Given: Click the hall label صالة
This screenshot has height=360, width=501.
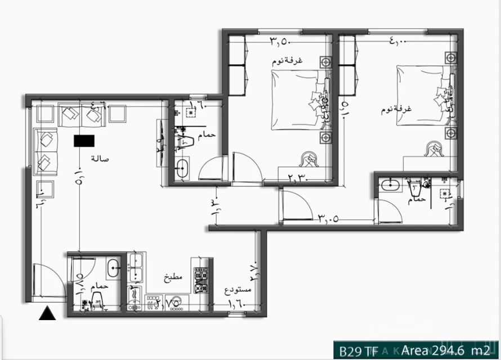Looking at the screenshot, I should [x=99, y=159].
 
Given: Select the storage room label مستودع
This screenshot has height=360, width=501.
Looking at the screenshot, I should [x=238, y=290].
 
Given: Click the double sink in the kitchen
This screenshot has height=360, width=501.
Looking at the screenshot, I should [x=136, y=268].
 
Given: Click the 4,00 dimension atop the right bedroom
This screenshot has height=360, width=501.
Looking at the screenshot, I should [x=400, y=40].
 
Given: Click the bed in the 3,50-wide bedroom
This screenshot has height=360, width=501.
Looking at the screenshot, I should [x=298, y=101].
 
